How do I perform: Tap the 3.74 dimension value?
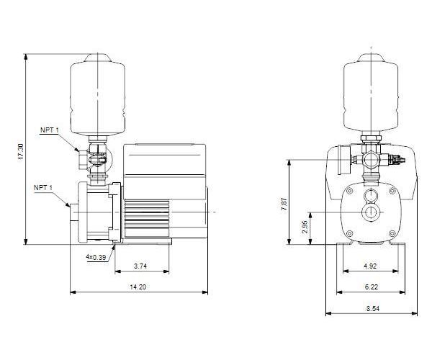(142, 266)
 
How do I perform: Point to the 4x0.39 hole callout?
(95, 257)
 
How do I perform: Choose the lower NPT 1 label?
(42, 187)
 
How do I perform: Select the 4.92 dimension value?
(371, 266)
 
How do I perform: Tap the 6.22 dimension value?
(371, 287)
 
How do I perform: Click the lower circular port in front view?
(371, 213)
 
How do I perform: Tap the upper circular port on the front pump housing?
(371, 197)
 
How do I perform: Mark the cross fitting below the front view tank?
(371, 157)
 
